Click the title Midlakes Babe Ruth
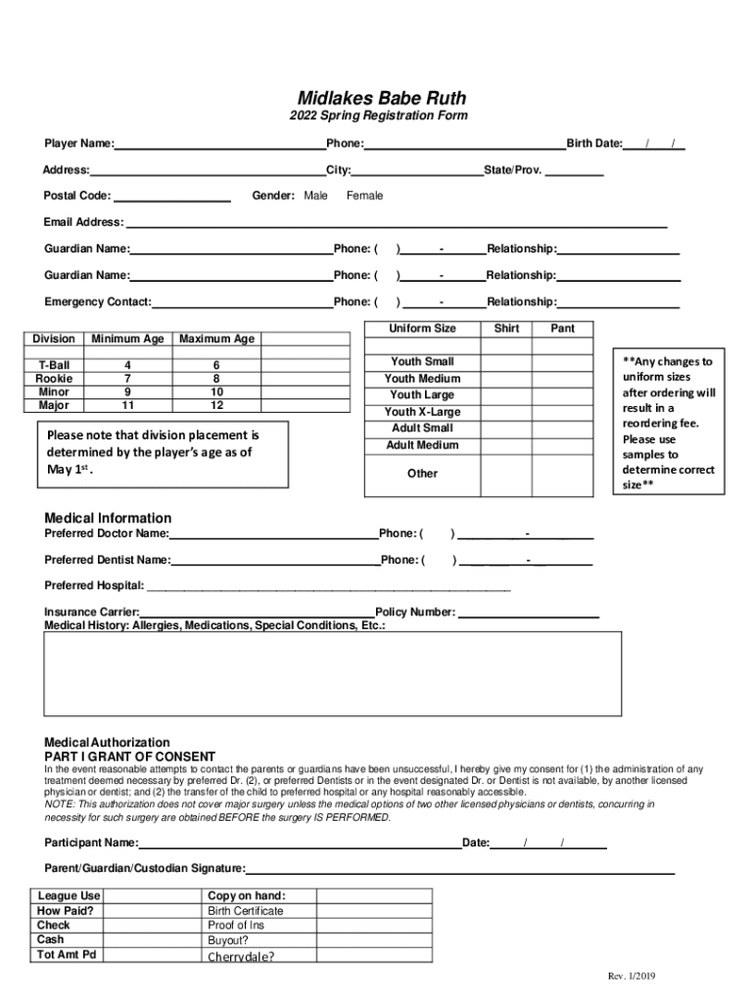[382, 98]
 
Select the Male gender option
[316, 196]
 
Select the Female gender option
[364, 196]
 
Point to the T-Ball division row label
[54, 365]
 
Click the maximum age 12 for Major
[216, 405]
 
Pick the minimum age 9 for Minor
[127, 391]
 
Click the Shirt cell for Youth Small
[506, 362]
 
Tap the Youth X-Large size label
[422, 412]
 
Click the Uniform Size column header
[422, 328]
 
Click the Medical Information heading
[108, 518]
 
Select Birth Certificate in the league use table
[245, 911]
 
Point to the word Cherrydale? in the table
[241, 957]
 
